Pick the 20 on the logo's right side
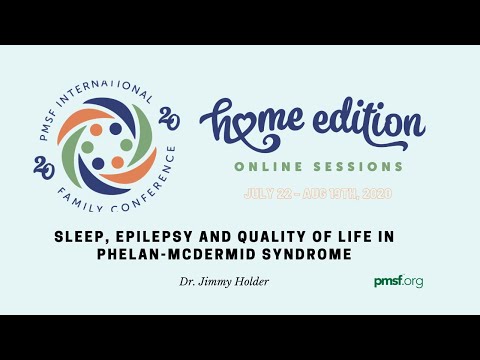(x=169, y=121)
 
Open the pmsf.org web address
(x=397, y=282)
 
